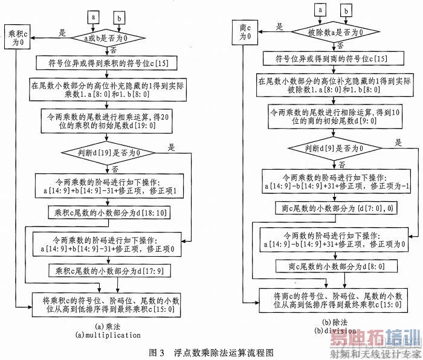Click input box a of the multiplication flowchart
(94, 18)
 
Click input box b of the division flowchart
(346, 10)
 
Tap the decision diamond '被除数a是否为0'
(327, 31)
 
